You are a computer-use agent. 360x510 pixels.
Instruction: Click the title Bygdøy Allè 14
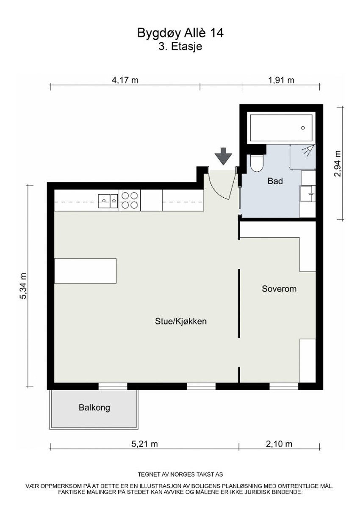pyautogui.click(x=180, y=33)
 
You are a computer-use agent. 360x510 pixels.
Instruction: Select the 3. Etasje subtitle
pyautogui.click(x=180, y=47)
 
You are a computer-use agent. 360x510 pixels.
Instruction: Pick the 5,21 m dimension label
pyautogui.click(x=144, y=444)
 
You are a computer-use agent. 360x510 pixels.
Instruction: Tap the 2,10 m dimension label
pyautogui.click(x=279, y=444)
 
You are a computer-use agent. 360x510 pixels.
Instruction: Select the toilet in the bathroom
pyautogui.click(x=257, y=163)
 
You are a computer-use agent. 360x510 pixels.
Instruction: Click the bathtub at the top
pyautogui.click(x=282, y=128)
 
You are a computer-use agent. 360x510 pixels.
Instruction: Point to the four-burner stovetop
pyautogui.click(x=130, y=200)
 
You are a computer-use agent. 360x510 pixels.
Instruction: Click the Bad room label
pyautogui.click(x=275, y=181)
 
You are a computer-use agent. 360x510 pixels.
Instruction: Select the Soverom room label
pyautogui.click(x=279, y=289)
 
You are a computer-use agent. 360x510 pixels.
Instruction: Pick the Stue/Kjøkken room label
pyautogui.click(x=180, y=321)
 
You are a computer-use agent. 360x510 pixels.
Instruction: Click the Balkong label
pyautogui.click(x=94, y=408)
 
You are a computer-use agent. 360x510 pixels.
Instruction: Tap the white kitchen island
pyautogui.click(x=86, y=271)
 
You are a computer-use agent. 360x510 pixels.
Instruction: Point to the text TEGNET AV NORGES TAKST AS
pyautogui.click(x=180, y=474)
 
